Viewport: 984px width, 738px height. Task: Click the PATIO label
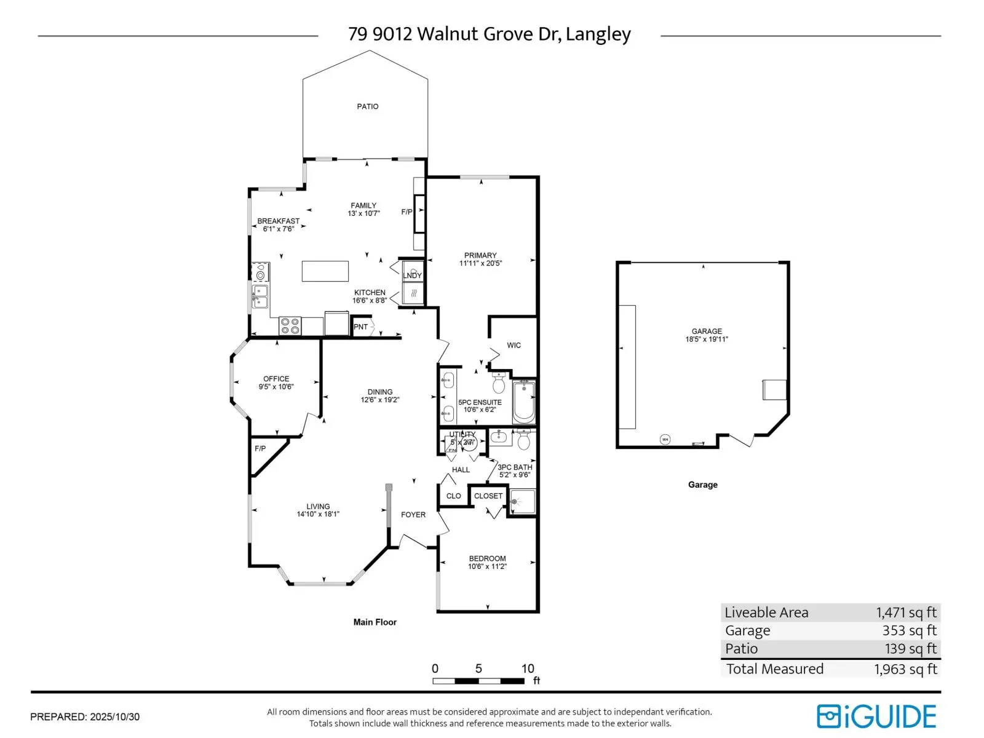click(x=368, y=106)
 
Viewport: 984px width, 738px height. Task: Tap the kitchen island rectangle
click(x=325, y=271)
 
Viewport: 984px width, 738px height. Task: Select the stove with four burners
click(x=290, y=325)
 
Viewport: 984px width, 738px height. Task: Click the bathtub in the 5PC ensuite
click(x=524, y=402)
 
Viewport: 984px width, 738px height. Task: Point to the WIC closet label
click(x=514, y=346)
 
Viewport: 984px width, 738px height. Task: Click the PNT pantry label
click(x=360, y=327)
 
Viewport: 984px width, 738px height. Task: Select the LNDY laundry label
click(x=412, y=276)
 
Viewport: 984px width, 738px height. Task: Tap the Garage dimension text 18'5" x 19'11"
click(x=707, y=339)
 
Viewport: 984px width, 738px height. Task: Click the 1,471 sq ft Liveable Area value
click(x=906, y=613)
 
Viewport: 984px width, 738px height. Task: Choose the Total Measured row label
click(x=774, y=669)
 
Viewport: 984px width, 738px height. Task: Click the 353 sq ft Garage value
click(x=909, y=630)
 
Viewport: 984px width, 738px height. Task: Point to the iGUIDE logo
click(x=876, y=716)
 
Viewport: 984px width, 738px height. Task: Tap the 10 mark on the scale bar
click(x=527, y=669)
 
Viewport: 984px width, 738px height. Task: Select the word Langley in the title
click(x=598, y=34)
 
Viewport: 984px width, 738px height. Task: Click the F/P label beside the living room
click(x=260, y=449)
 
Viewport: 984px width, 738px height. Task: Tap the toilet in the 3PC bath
click(x=523, y=440)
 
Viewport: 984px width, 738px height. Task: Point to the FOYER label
click(x=413, y=515)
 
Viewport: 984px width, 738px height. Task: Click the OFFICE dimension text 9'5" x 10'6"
click(x=276, y=387)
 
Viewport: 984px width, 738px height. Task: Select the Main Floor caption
click(x=375, y=622)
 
